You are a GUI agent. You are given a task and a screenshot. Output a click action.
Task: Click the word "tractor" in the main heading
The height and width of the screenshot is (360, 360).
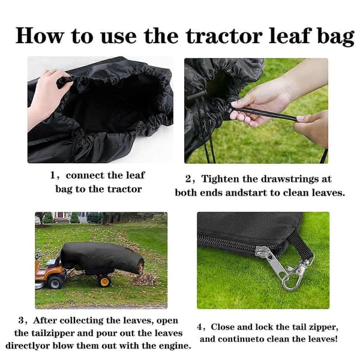tap(224, 36)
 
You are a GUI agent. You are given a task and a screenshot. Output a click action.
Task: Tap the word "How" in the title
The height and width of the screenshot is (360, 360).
tap(39, 35)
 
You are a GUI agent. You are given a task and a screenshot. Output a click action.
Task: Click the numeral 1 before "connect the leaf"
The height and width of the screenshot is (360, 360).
tap(53, 175)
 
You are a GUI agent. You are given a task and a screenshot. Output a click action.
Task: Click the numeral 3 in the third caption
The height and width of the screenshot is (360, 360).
tap(21, 320)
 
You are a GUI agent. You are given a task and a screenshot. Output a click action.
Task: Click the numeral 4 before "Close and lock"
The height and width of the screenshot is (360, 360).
tap(199, 327)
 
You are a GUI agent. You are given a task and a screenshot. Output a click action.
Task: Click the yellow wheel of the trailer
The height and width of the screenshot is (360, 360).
tap(104, 281)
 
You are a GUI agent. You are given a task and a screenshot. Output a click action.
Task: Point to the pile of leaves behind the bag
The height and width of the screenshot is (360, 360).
tap(144, 279)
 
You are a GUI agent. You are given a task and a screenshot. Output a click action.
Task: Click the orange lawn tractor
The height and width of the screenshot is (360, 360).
tap(49, 272)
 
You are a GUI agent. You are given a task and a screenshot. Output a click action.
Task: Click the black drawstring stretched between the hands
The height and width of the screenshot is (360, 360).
tap(264, 114)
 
